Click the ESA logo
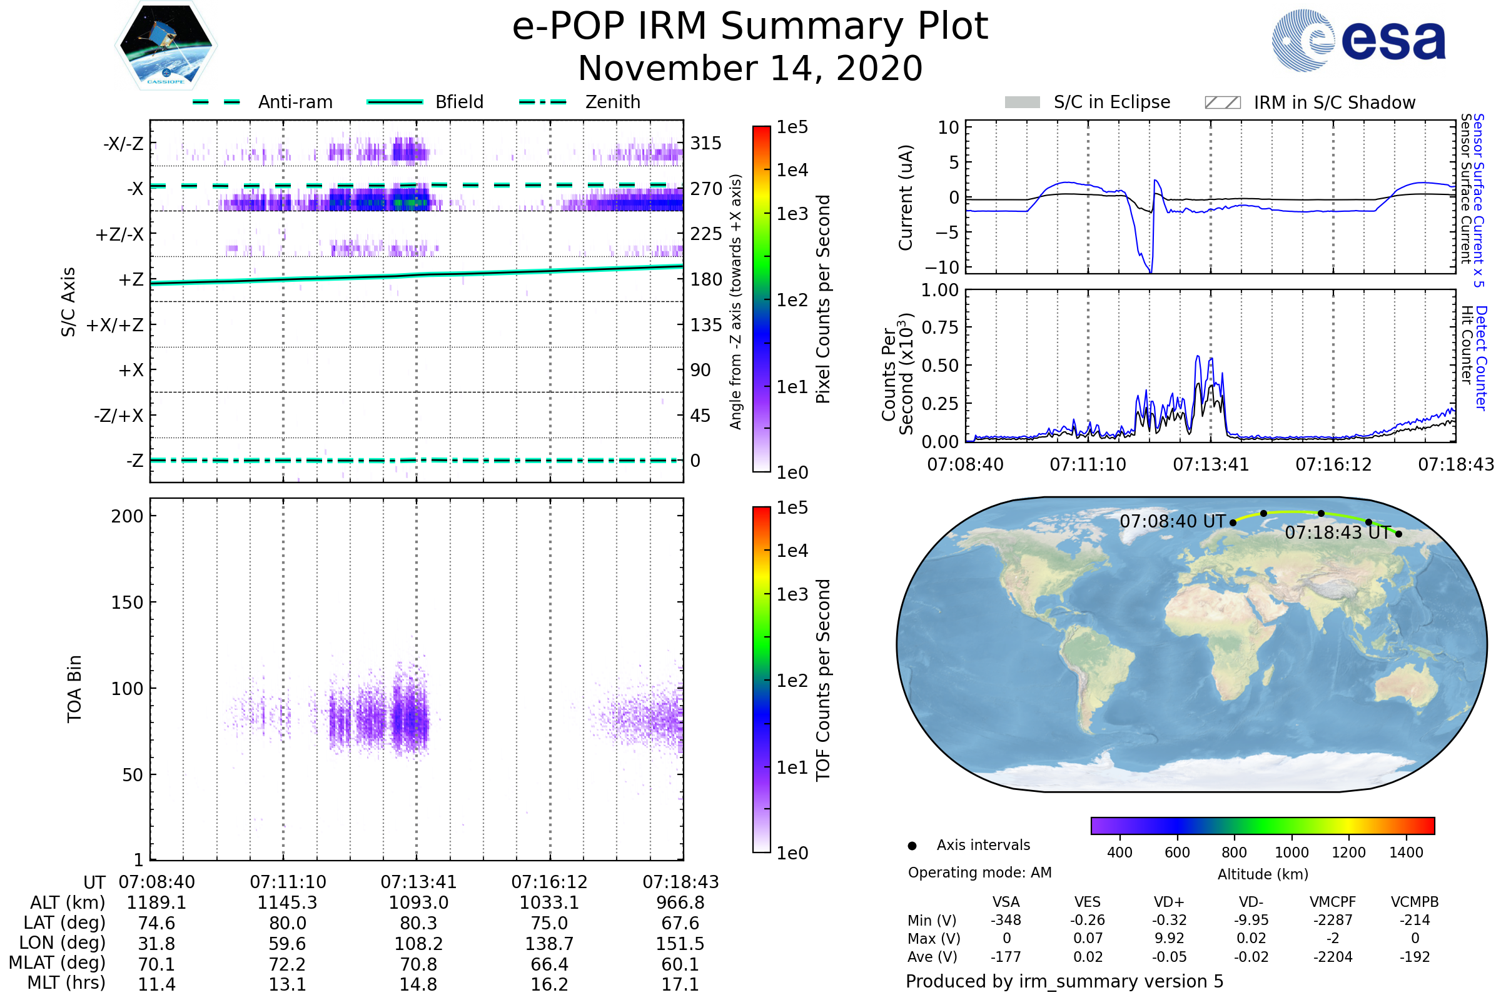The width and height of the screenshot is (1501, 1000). point(1358,40)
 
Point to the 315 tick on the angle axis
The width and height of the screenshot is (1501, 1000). point(705,143)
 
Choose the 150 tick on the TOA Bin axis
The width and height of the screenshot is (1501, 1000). point(127,602)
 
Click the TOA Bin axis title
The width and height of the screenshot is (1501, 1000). point(74,689)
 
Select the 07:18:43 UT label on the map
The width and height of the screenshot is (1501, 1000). point(1338,532)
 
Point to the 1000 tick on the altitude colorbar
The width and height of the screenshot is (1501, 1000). point(1291,852)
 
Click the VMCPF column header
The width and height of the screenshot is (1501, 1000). point(1333,902)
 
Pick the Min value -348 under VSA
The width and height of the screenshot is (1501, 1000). point(1006,920)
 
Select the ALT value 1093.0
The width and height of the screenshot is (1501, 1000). point(418,903)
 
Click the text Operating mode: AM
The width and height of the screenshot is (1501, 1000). point(979,872)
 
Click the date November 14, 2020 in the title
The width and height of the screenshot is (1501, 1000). point(750,68)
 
